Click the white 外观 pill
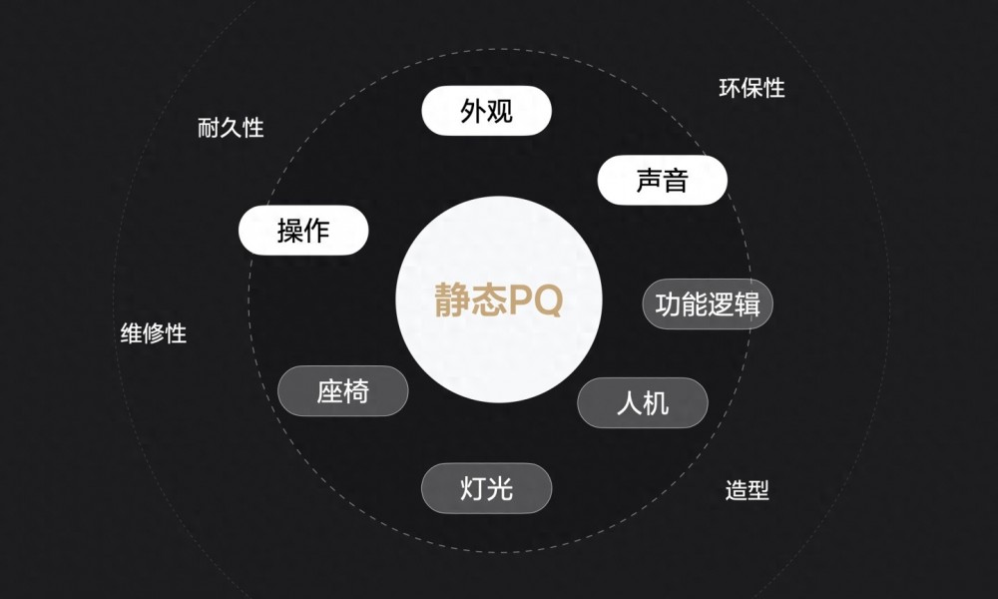tap(486, 111)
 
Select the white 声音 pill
tap(662, 180)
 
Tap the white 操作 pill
tap(303, 230)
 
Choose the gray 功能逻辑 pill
tap(708, 304)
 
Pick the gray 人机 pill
tap(643, 403)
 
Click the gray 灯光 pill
tap(486, 488)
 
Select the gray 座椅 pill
tap(343, 390)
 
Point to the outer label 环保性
tap(751, 88)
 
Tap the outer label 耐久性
tap(231, 128)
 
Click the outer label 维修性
tap(154, 332)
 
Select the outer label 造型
tap(748, 490)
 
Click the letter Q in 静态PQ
tap(546, 299)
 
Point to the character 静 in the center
tap(452, 299)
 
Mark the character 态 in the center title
tap(489, 299)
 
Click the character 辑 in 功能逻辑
tap(748, 304)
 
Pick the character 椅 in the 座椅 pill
tap(356, 390)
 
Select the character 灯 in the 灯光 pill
tap(473, 488)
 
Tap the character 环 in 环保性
tap(730, 88)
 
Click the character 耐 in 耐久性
tap(209, 128)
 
